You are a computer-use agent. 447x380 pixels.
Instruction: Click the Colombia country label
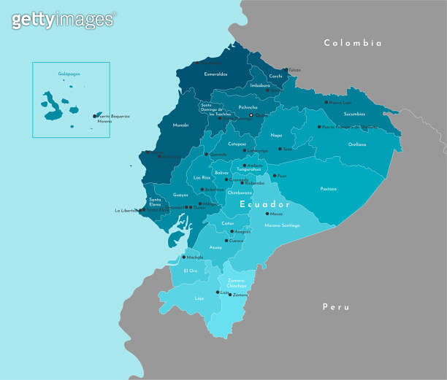point(353,43)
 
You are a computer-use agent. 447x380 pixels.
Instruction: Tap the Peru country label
point(336,307)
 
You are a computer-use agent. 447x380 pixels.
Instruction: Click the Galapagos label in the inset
point(69,74)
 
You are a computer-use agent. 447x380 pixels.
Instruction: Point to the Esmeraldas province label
point(215,74)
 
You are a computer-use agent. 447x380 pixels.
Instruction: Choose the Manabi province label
point(180,125)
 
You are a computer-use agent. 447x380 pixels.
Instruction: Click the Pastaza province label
point(329,189)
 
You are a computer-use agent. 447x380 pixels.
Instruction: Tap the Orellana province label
point(357,144)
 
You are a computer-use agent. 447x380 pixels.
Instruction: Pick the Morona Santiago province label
point(281,225)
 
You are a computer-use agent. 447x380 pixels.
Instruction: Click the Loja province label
point(199,298)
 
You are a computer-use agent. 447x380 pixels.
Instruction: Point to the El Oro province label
point(191,271)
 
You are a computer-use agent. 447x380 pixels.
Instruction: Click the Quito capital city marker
point(251,115)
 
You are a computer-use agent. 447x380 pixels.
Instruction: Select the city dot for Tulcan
point(286,70)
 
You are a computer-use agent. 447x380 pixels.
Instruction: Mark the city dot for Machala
point(183,257)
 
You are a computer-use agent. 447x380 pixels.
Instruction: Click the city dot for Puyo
point(275,176)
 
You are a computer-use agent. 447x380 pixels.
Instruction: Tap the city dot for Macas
point(267,214)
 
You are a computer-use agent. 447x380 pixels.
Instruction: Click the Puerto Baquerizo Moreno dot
point(95,115)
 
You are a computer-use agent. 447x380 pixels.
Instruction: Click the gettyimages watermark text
point(63,20)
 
